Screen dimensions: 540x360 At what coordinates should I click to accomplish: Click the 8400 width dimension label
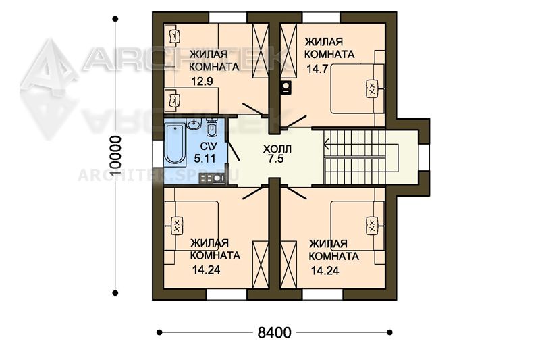click(x=275, y=333)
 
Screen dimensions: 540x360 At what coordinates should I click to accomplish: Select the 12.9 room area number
click(x=202, y=81)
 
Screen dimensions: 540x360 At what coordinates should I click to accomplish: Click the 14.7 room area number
click(x=317, y=69)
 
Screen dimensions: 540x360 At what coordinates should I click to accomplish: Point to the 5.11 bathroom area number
click(x=205, y=159)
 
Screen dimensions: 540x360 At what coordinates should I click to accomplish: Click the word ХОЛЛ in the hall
click(x=277, y=149)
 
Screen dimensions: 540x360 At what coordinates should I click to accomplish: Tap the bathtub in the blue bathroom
click(x=175, y=144)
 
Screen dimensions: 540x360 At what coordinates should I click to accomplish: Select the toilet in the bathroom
click(x=211, y=127)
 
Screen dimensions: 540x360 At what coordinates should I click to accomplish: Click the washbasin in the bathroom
click(x=194, y=123)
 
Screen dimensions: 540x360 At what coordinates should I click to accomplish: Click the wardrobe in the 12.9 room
click(x=261, y=51)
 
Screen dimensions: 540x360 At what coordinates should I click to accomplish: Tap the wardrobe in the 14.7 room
click(x=288, y=51)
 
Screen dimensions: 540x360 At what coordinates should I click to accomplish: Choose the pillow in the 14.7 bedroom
click(x=373, y=88)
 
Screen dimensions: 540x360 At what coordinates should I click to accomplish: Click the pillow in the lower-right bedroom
click(x=373, y=226)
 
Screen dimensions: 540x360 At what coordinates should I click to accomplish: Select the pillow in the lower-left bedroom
click(x=177, y=226)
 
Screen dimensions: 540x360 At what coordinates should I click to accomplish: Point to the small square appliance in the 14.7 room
click(x=286, y=87)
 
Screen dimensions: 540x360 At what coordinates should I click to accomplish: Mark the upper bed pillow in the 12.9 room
click(x=175, y=36)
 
